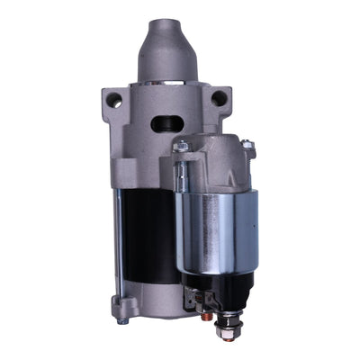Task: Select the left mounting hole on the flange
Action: (114, 102)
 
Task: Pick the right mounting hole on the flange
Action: (219, 98)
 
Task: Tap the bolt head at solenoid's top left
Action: (182, 147)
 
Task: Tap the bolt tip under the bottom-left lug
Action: (124, 320)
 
